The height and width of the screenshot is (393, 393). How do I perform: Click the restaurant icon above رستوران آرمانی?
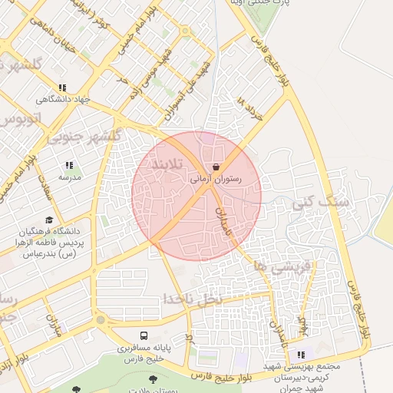coord(216,167)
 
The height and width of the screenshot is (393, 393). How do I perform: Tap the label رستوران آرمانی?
coord(216,179)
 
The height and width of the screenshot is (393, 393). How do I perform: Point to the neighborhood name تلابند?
coord(167,164)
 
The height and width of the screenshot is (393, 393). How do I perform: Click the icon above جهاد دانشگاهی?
coord(62,88)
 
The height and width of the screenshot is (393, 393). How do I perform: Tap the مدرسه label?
coord(70,177)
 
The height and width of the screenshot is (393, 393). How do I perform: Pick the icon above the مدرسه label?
coord(70,165)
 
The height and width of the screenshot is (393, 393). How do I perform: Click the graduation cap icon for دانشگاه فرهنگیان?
coord(50,220)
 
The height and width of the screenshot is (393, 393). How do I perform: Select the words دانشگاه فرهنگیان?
coord(50,231)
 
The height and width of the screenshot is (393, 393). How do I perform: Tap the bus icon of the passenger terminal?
coord(144,335)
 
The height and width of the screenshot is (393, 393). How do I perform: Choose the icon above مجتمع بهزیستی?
coord(301,355)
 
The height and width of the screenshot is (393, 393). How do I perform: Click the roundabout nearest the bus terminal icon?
coord(100,319)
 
